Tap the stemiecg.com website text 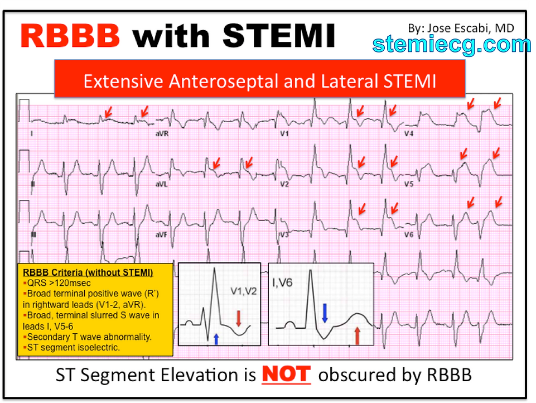(452, 44)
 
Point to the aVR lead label (162, 135)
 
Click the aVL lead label (162, 184)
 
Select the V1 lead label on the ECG (284, 135)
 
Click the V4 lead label (410, 135)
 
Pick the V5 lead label (410, 184)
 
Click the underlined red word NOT (286, 374)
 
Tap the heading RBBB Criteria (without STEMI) (88, 272)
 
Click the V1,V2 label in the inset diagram (244, 291)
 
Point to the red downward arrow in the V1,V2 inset (238, 318)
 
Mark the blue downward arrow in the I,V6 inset (325, 313)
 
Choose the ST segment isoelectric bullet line (73, 348)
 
